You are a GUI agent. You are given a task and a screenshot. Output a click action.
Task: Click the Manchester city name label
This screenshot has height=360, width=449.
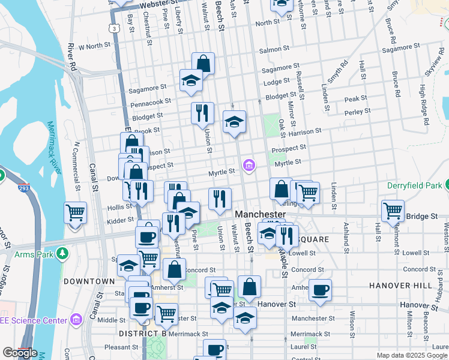(260, 214)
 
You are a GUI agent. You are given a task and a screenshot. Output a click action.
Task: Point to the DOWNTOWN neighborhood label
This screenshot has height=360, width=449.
(88, 281)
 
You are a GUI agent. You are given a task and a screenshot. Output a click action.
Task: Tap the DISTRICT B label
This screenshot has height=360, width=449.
(142, 333)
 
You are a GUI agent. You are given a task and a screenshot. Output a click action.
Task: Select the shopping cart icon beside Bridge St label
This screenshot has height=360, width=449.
(393, 211)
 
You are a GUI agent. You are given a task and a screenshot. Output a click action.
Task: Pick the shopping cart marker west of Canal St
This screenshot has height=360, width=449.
(76, 212)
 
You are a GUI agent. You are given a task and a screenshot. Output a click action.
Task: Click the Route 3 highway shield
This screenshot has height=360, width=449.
(113, 28)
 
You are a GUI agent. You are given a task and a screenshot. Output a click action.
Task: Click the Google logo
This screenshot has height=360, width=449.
(20, 353)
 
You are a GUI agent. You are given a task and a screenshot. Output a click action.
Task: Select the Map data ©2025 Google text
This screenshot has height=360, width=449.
(411, 355)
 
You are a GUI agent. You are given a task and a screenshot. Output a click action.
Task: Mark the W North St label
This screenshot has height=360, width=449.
(94, 46)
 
